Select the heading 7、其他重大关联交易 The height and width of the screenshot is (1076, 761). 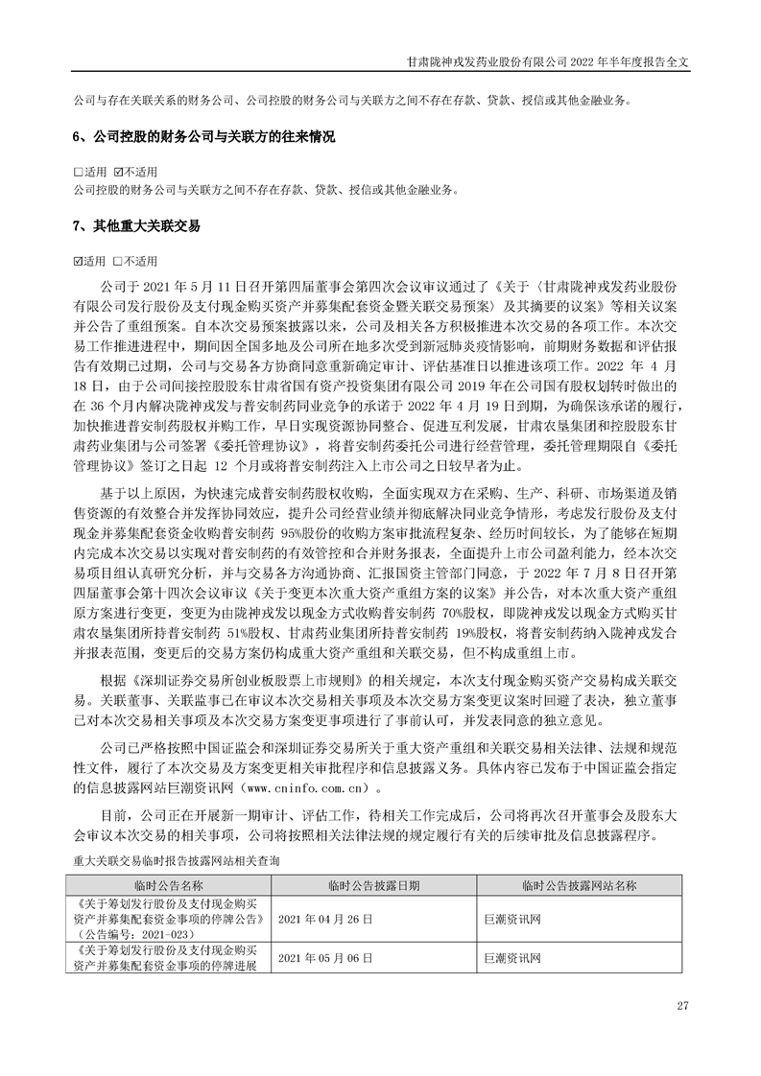tap(136, 228)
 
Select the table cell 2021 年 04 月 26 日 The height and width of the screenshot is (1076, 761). tap(323, 918)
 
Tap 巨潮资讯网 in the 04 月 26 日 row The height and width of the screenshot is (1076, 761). tap(513, 918)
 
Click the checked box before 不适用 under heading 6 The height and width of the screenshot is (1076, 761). tap(118, 172)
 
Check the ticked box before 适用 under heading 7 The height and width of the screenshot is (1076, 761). tap(78, 261)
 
